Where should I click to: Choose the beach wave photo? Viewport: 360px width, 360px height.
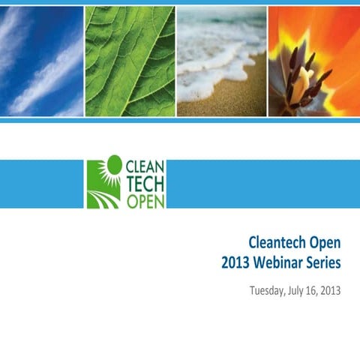[220, 60]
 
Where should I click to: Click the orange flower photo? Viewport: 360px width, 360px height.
[313, 60]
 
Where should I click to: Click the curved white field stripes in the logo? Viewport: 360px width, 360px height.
[102, 198]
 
